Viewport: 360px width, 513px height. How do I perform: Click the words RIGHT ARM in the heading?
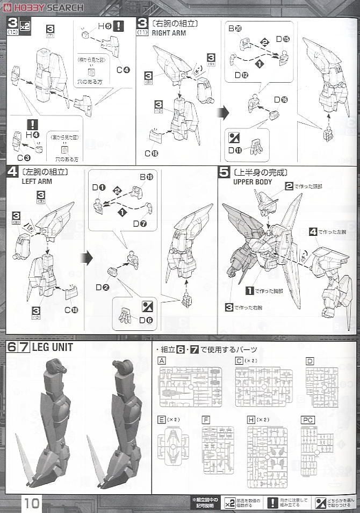[x=169, y=32]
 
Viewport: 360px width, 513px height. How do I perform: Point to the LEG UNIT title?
[x=52, y=348]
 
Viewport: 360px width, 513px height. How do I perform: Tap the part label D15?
[x=283, y=39]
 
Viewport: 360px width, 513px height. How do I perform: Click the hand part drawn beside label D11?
[x=256, y=149]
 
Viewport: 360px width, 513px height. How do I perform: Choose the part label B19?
[x=146, y=177]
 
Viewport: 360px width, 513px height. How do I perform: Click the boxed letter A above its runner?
[x=162, y=361]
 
